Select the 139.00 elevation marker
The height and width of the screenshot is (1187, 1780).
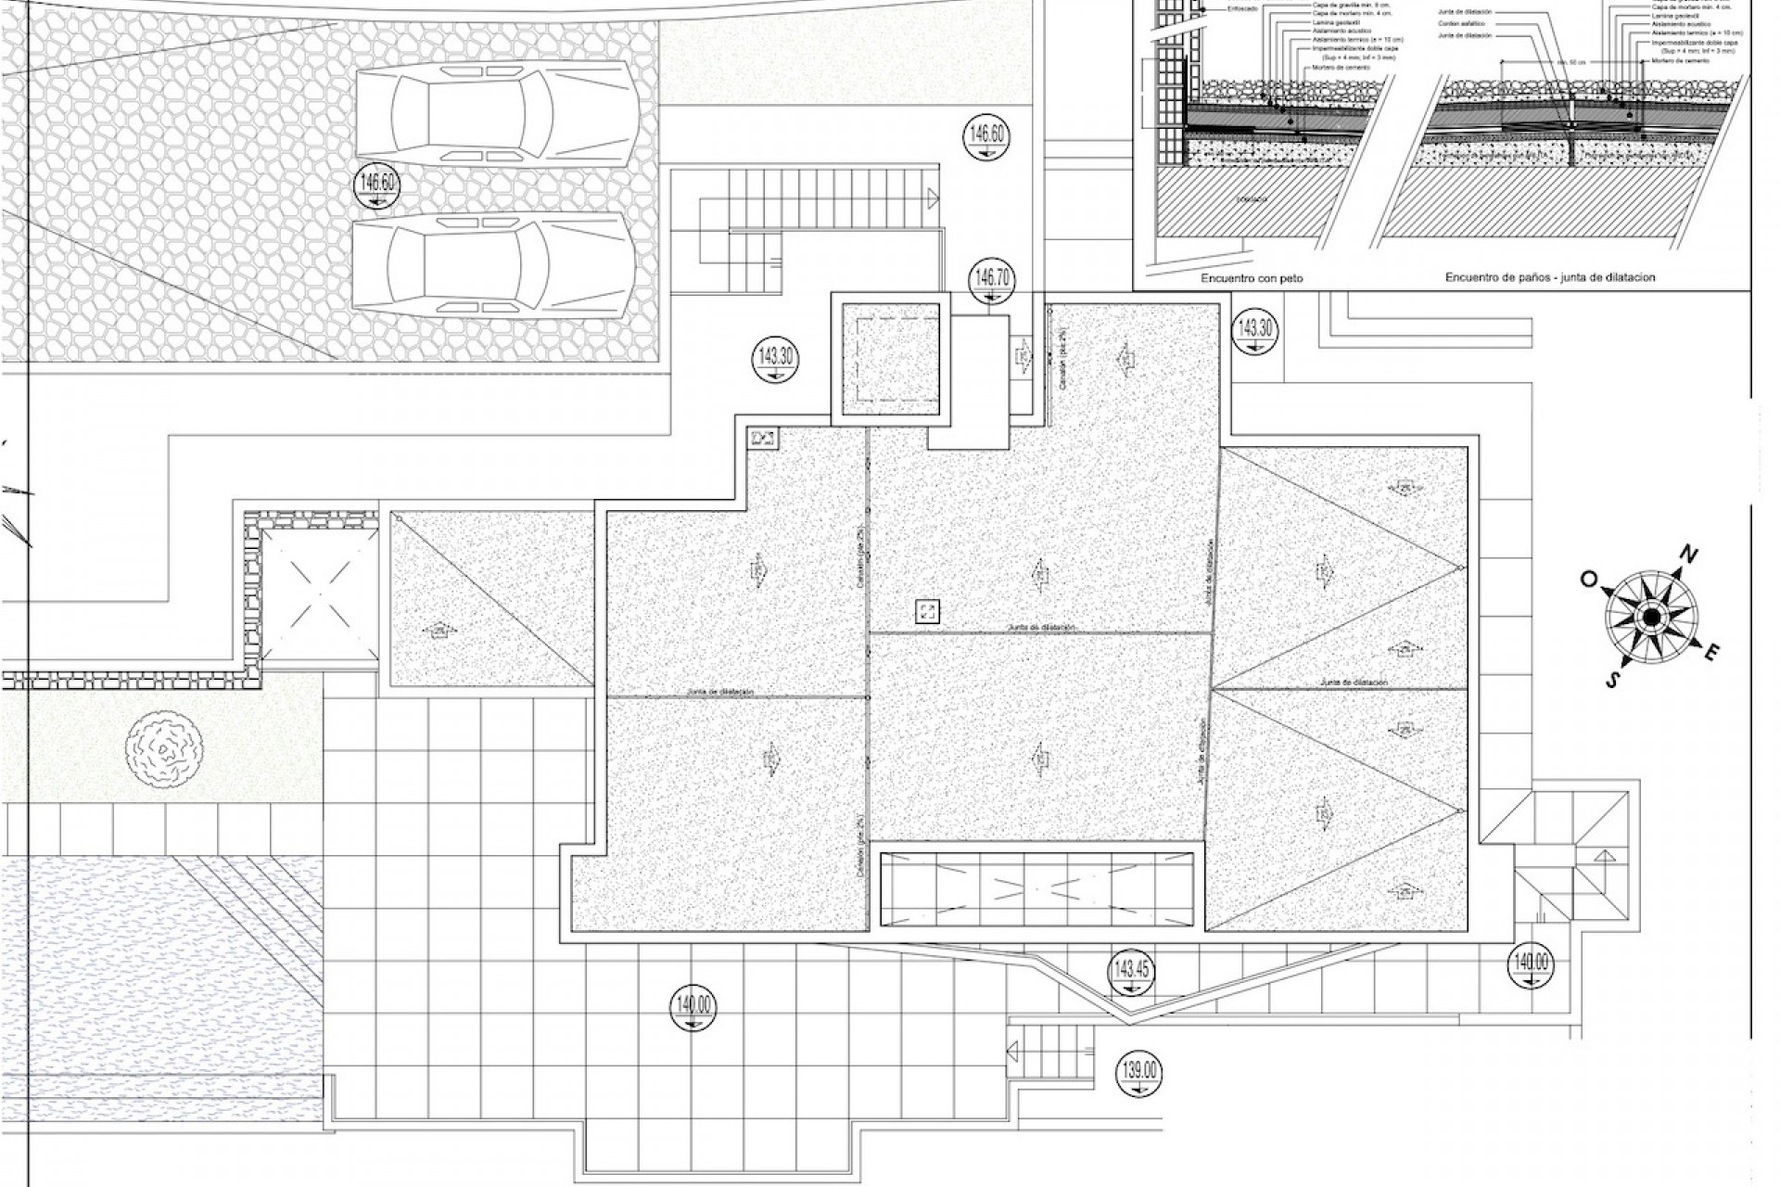(1139, 1074)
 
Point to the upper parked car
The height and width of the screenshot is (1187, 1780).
(496, 118)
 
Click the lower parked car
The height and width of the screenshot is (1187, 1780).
(494, 262)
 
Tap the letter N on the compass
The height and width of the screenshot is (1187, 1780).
(1689, 556)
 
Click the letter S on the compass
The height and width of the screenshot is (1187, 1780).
(1613, 681)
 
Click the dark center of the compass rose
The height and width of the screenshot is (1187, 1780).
(1651, 617)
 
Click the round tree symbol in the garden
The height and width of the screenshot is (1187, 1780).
(164, 749)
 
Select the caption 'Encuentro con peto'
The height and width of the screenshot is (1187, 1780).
(1252, 278)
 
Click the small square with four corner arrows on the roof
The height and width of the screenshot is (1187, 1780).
(927, 611)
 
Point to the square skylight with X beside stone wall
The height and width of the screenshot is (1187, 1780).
(321, 593)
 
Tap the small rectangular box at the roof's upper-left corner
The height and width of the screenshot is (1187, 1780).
(764, 438)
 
